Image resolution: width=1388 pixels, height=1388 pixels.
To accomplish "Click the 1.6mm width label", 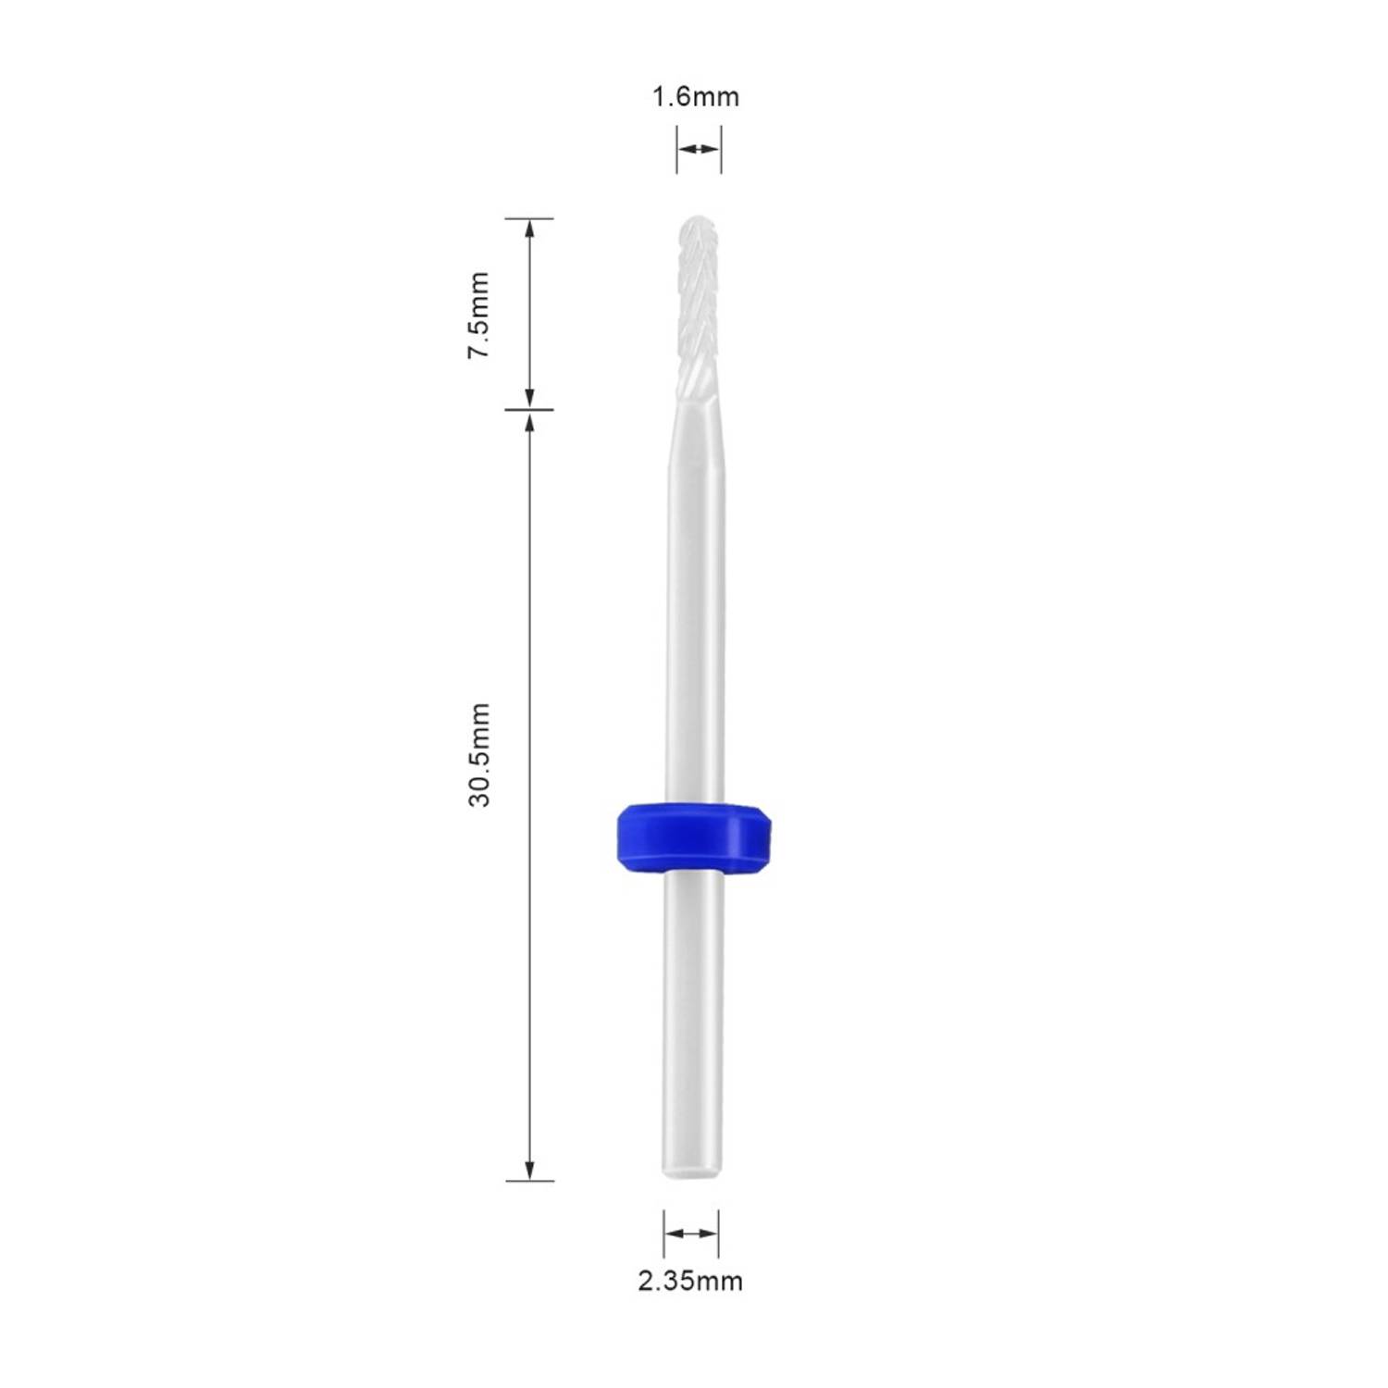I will [696, 96].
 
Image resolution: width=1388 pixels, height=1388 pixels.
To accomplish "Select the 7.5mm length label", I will [478, 316].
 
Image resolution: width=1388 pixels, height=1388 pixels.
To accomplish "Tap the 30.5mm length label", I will [478, 754].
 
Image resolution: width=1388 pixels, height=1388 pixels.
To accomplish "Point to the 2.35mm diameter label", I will [689, 1281].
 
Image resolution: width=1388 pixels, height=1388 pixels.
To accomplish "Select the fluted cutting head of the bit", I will [698, 305].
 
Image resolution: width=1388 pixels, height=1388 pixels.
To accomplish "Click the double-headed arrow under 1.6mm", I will [698, 148].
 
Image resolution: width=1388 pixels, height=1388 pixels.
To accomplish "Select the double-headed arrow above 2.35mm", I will [691, 1233].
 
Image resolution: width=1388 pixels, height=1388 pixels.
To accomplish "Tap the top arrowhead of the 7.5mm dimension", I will [530, 228].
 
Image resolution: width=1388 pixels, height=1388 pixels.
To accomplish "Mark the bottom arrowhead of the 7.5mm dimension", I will [530, 400].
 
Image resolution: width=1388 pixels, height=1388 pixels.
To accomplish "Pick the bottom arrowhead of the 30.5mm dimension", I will [530, 1171].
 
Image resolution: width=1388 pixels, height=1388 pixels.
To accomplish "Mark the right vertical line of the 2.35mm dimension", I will [719, 1233].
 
